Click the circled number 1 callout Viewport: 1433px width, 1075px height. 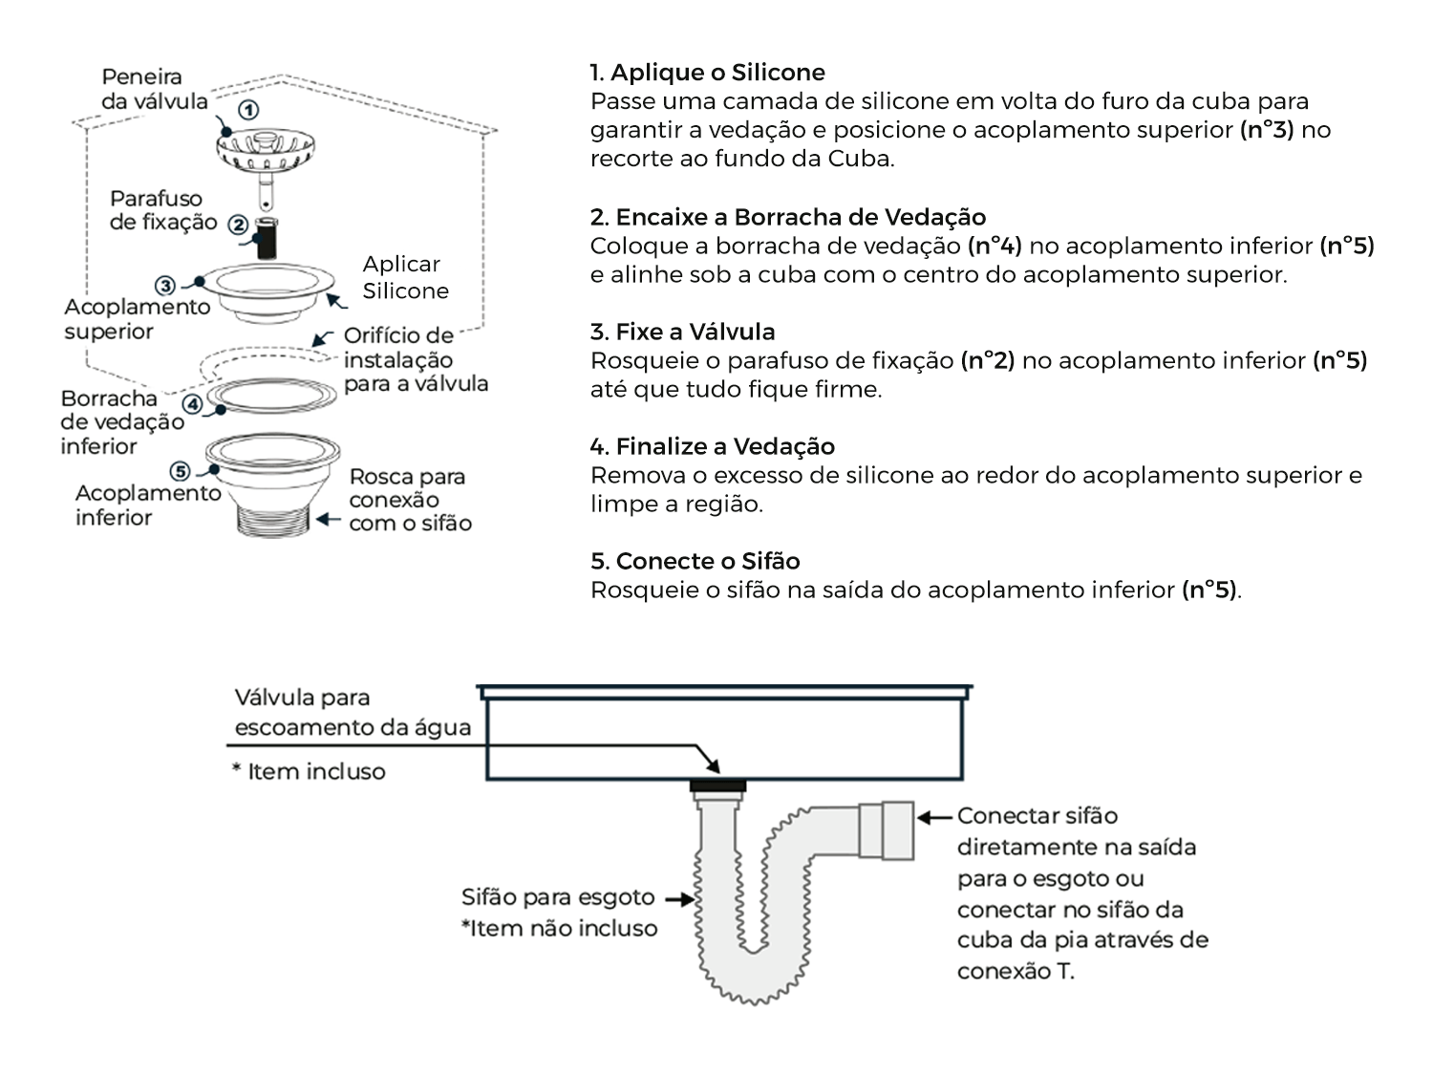(248, 111)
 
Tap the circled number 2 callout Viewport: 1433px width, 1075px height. (238, 226)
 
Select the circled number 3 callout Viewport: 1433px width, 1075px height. (165, 285)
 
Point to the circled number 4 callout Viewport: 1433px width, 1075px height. (193, 404)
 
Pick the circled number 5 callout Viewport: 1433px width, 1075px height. (180, 471)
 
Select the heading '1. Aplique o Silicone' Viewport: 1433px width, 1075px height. (707, 73)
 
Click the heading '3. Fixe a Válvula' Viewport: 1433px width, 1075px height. (682, 332)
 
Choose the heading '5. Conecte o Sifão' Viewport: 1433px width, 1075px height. (695, 561)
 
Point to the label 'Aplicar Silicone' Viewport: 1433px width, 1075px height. (405, 277)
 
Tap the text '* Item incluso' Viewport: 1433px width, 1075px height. (309, 771)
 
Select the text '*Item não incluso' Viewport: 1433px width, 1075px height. (559, 928)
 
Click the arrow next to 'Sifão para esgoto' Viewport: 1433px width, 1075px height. (679, 899)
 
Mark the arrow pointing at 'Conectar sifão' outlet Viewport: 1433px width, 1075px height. (935, 817)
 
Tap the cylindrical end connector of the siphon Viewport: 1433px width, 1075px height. (887, 830)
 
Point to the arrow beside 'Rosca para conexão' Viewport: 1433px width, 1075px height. (329, 520)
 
